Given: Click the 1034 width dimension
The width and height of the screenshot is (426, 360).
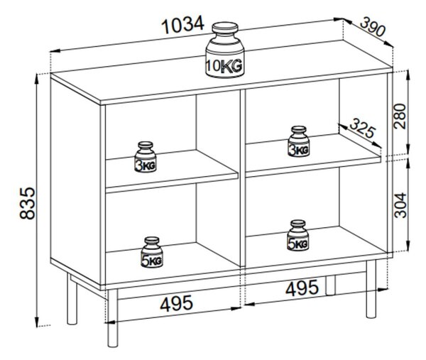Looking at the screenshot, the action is pos(182,24).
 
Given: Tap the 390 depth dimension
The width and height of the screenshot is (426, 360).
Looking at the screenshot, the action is pos(373,27).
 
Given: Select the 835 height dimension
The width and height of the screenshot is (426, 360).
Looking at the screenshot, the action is pos(27,203).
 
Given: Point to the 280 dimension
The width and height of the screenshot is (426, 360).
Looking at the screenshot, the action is pos(400,116).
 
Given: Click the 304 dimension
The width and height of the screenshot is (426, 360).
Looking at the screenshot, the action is pos(400,205).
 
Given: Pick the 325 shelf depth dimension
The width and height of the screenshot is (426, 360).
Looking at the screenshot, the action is pos(362,129).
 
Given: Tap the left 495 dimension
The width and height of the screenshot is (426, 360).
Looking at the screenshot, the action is pos(176,303).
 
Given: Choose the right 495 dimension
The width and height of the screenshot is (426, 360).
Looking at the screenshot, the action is pos(302,288).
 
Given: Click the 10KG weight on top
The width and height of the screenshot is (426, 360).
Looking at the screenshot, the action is pos(224,50).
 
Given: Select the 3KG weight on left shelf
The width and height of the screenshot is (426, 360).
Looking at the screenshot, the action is pos(146,157).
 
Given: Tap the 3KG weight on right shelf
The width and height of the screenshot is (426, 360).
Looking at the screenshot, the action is pos(299,141).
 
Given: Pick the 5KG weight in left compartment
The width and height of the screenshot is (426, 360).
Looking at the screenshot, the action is pos(152,252).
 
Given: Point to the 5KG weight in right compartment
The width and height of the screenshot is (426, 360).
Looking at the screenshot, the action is pos(297,235).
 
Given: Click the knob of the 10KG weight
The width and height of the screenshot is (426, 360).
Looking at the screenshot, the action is pos(225,28).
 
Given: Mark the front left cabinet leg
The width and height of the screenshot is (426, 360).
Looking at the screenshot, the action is pos(113,318).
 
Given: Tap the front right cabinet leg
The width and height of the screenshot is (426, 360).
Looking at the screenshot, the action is pos(371,288).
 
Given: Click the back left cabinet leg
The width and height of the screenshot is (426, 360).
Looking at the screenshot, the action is pos(72,299).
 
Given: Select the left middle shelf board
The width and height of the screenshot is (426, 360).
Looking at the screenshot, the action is pos(172,171).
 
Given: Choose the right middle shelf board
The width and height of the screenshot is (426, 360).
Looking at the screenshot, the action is pos(313,156).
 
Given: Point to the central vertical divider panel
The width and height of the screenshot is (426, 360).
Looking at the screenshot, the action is pos(243,178).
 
